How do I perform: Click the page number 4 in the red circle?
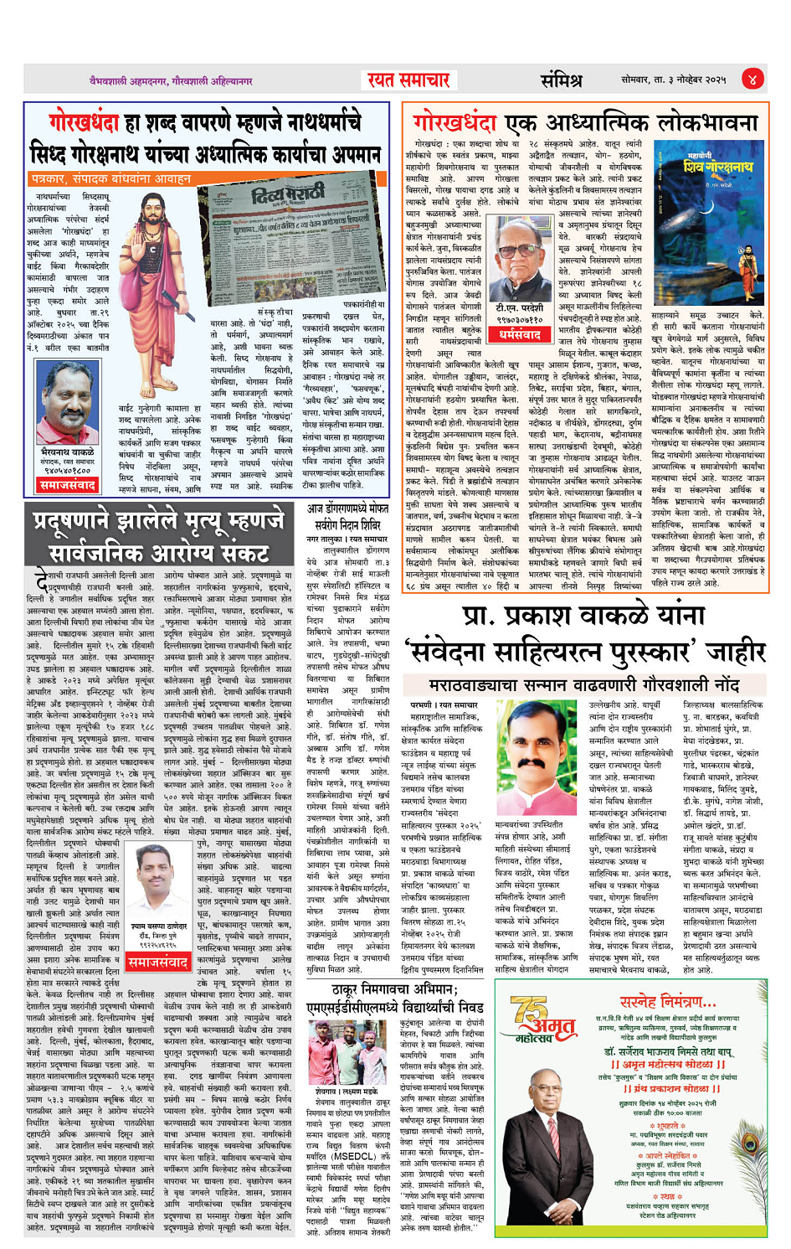click(752, 80)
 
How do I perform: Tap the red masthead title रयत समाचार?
click(408, 80)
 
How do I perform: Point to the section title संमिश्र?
click(561, 80)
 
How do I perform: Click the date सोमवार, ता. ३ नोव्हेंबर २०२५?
click(673, 80)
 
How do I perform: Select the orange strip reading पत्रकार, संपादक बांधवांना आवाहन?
click(110, 178)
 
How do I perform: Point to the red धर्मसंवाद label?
click(520, 334)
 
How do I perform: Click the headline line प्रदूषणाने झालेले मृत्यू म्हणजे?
click(158, 521)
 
